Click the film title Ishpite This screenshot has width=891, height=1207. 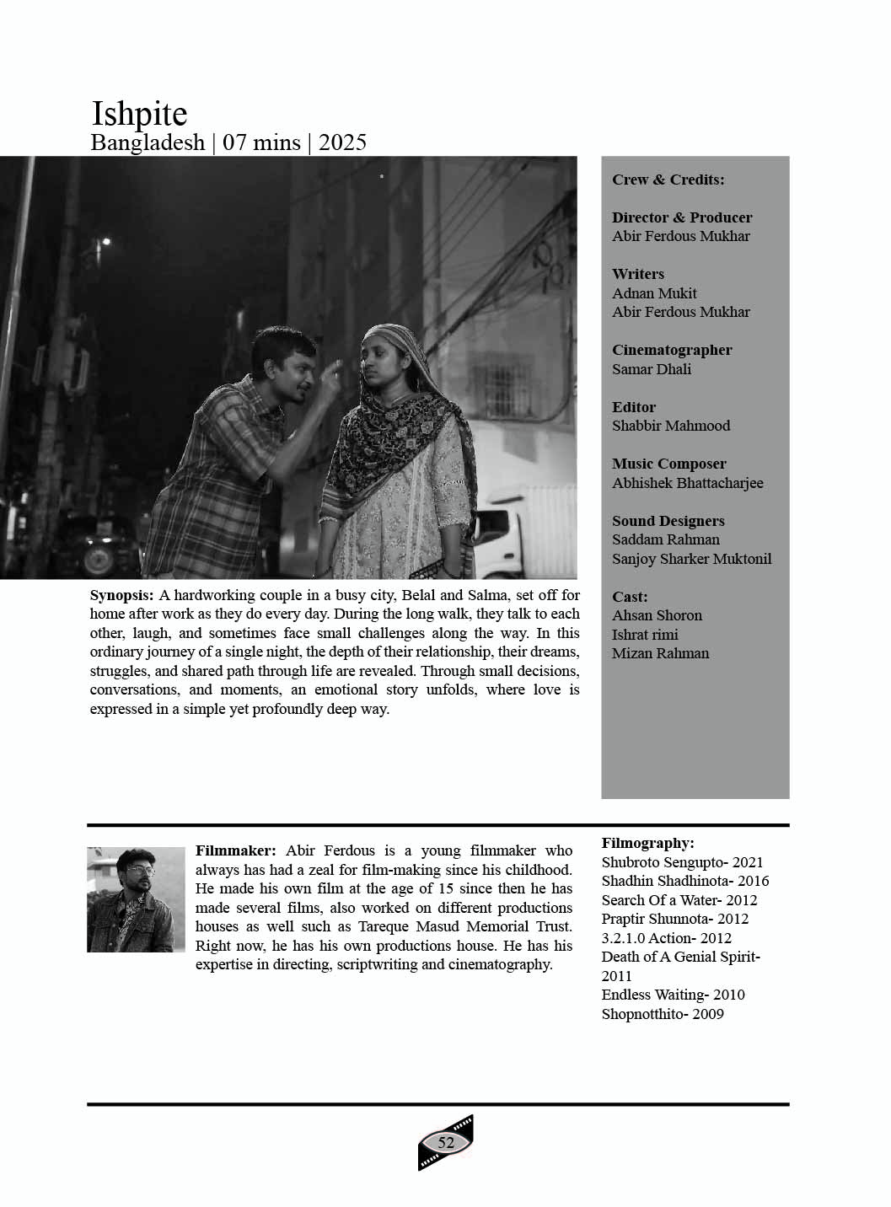[x=139, y=115]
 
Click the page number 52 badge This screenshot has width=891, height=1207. [x=446, y=1142]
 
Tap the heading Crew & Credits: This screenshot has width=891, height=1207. [x=668, y=180]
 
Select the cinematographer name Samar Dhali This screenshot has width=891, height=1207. [x=651, y=369]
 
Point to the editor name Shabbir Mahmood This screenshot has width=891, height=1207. [x=671, y=426]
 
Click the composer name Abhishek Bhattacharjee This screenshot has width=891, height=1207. [x=687, y=483]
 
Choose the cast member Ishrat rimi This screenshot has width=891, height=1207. [x=645, y=635]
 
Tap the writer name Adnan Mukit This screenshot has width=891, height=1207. [x=654, y=293]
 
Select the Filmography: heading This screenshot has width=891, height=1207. [x=647, y=843]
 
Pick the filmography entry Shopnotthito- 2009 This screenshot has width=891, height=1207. [x=663, y=1014]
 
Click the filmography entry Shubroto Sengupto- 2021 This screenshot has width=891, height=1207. [x=682, y=862]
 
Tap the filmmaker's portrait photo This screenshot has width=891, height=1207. [x=136, y=899]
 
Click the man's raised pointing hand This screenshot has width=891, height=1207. [x=334, y=369]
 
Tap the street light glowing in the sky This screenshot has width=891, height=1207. [x=105, y=243]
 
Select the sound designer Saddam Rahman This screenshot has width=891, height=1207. [x=665, y=539]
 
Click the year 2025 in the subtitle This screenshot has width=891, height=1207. [x=342, y=142]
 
